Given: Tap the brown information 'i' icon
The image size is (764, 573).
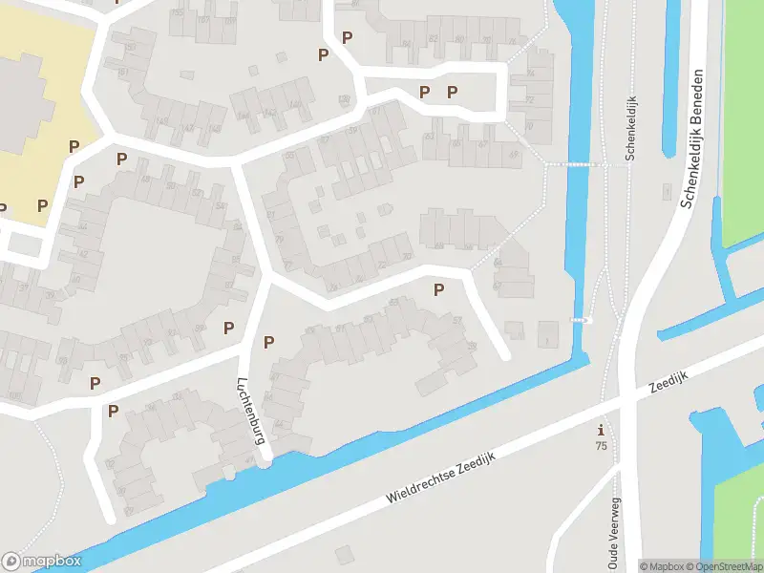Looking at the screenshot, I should tap(601, 430).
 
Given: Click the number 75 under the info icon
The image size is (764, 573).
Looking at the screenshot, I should tap(601, 446).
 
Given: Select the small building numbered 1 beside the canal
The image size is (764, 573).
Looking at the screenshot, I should tap(546, 335).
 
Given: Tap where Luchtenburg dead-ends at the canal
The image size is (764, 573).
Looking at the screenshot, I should tap(266, 460).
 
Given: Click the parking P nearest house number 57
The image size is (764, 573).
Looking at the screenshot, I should tap(438, 289).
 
